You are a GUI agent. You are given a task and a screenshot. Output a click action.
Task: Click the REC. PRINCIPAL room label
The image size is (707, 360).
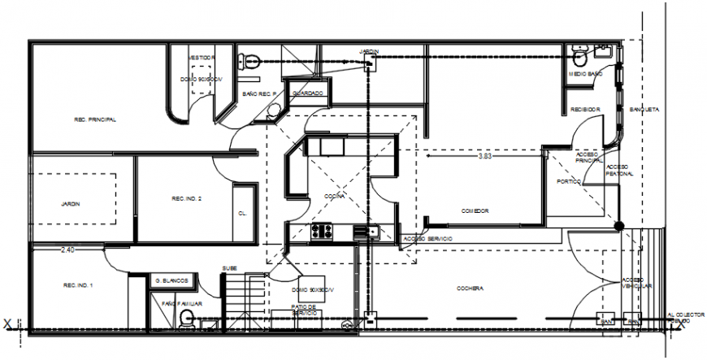pos(95,119)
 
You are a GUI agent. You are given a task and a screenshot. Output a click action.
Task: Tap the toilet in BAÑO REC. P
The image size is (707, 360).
pos(250,59)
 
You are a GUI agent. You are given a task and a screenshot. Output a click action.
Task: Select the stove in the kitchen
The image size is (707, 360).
pos(322,232)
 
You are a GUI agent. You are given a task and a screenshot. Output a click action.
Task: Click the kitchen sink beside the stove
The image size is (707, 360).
pos(371,232)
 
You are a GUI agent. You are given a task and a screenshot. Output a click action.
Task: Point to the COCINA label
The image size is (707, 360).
pos(334,196)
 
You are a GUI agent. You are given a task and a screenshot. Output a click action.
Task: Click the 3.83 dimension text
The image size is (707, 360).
pos(485,155)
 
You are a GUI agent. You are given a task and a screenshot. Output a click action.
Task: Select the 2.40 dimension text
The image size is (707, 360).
pos(67,250)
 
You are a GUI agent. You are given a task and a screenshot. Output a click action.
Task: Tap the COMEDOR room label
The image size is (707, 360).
pos(475,210)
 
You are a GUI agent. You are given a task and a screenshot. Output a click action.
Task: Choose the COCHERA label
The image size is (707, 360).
pos(471,288)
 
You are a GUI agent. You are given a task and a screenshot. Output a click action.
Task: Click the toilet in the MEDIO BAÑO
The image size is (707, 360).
pos(579,58)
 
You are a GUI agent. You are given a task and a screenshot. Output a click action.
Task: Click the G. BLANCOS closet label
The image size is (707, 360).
pos(171,280)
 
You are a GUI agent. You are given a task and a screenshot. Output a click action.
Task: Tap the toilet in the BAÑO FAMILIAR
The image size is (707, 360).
pos(186,318)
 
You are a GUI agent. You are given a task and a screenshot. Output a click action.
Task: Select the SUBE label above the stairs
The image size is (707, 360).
pos(230,269)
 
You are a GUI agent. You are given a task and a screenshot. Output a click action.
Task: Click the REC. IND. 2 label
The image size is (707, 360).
pos(186,199)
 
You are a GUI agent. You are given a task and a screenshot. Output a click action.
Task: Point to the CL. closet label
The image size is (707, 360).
pos(242,213)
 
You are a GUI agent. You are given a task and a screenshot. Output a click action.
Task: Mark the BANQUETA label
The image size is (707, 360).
pos(644,109)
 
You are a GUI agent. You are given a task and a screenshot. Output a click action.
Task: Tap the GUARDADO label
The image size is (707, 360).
pos(308,93)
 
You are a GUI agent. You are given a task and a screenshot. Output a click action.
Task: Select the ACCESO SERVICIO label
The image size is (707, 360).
pos(427,238)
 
